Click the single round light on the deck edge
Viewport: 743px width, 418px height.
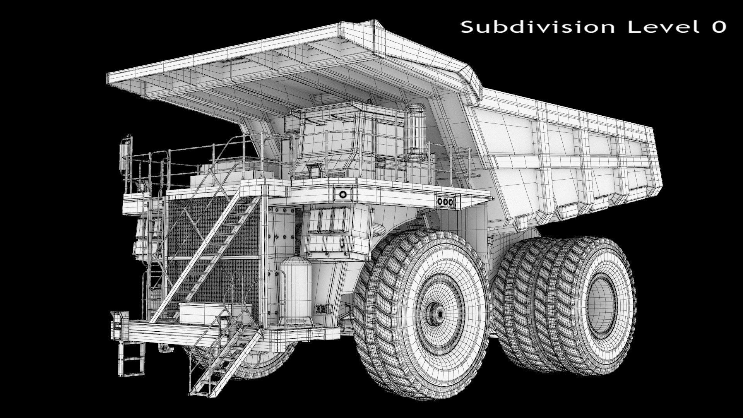point(342,194)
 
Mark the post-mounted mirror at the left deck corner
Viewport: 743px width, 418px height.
point(125,153)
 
